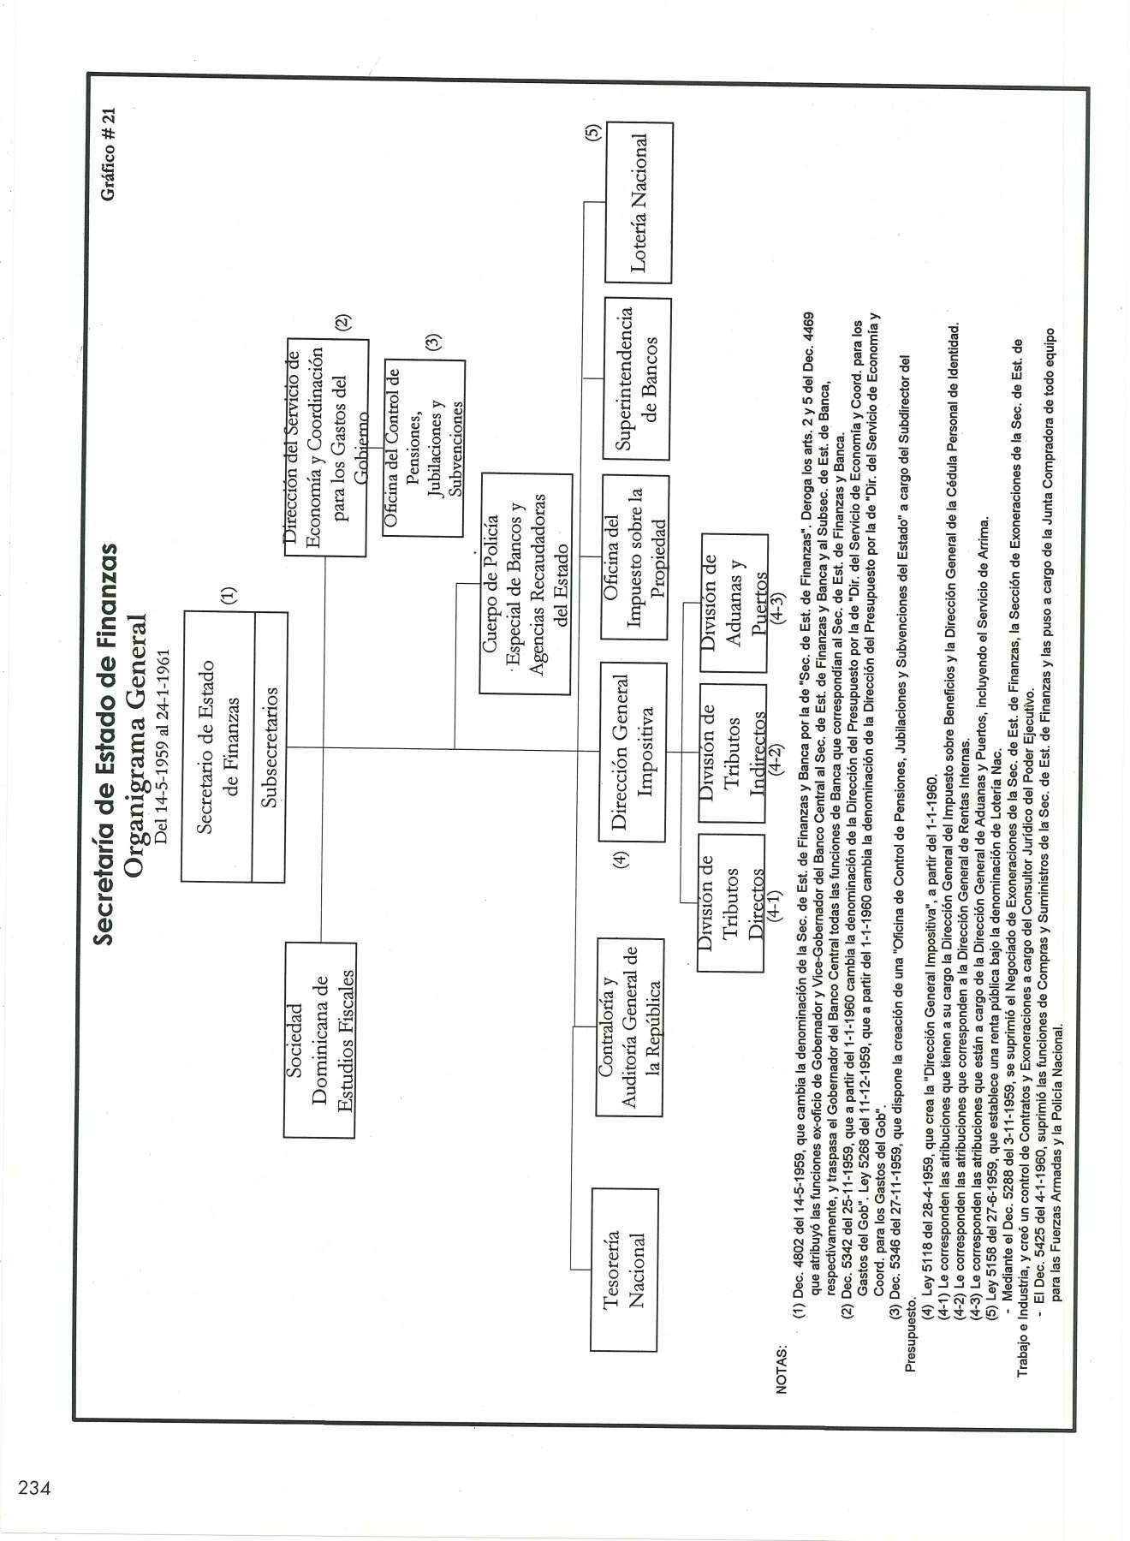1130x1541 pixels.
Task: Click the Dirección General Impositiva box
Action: tap(633, 752)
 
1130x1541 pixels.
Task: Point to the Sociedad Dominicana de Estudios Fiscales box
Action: tap(318, 1038)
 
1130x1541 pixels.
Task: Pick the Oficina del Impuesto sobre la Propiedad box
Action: tap(633, 556)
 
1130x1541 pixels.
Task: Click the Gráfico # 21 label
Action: tap(107, 154)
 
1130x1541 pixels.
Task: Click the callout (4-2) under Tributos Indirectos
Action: tap(775, 753)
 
